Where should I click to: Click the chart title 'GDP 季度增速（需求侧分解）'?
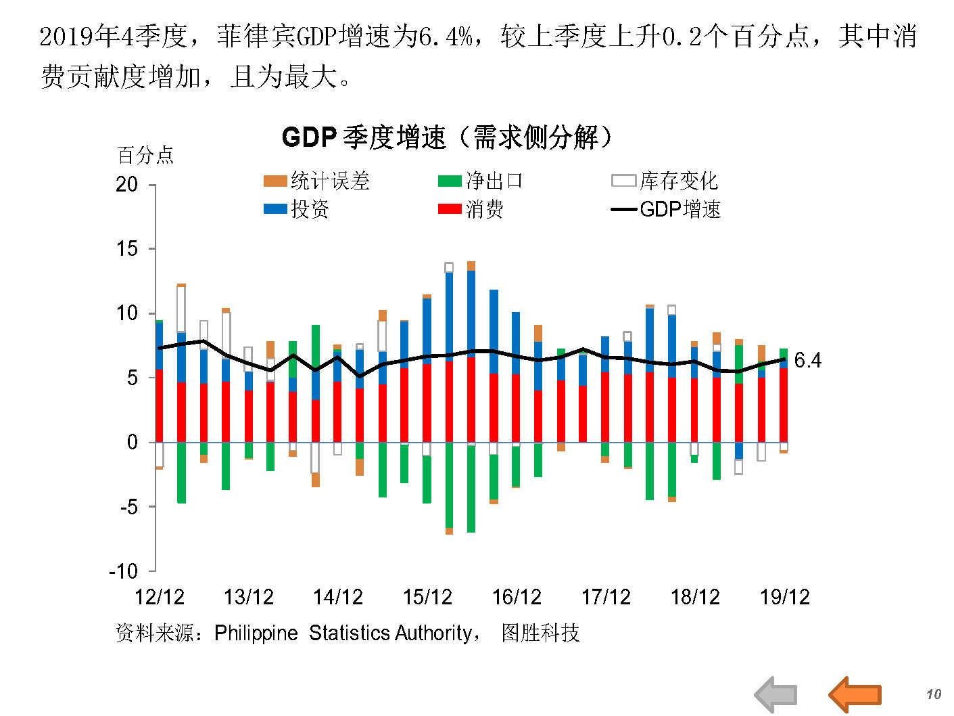point(448,137)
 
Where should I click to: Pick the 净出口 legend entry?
point(481,181)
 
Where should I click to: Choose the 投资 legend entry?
point(297,209)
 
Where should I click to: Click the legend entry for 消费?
point(471,209)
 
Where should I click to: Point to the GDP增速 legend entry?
point(666,209)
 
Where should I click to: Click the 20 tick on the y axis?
point(126,184)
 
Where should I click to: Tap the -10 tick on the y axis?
point(123,571)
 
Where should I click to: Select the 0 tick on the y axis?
point(133,442)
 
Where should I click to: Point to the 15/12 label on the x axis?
point(427,597)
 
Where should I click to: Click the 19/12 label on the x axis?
point(784,597)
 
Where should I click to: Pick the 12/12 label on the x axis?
point(160,597)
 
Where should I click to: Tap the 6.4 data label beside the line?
point(807,360)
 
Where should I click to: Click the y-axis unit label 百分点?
point(145,156)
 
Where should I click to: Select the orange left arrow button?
point(855,694)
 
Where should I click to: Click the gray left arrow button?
point(776,694)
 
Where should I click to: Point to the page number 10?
point(934,694)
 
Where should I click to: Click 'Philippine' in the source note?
point(256,633)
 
